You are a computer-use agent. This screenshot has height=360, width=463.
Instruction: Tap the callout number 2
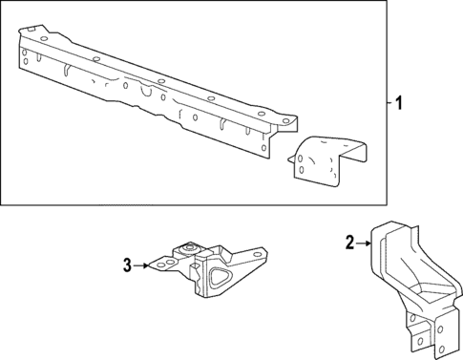coord(349,243)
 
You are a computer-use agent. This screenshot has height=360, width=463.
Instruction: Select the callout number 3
coord(127,265)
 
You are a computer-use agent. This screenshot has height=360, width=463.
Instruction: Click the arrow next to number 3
coord(143,265)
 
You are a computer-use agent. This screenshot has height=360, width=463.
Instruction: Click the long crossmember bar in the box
coord(143,86)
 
